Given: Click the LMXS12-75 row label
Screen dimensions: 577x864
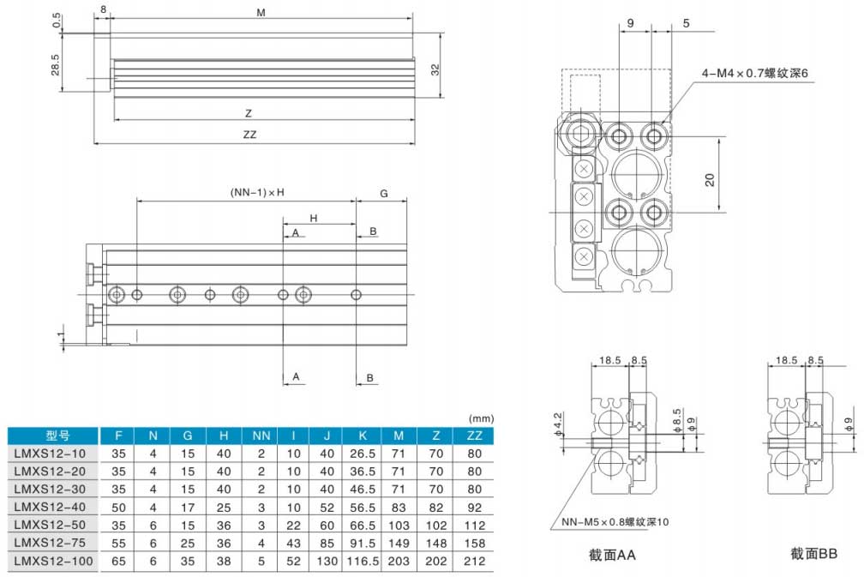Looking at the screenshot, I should click(50, 543).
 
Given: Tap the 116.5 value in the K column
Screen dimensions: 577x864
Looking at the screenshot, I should click(363, 561).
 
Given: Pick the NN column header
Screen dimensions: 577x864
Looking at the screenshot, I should click(261, 435).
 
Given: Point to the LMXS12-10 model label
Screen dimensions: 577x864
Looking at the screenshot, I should click(50, 453).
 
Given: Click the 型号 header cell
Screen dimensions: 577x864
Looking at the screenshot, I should click(50, 435).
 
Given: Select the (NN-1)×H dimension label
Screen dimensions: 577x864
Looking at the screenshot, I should click(256, 193).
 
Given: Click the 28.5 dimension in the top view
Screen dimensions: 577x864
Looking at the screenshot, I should click(56, 64).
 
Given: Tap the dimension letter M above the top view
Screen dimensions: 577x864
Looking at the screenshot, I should click(261, 13).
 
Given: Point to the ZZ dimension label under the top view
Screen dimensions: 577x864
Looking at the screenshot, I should click(250, 135).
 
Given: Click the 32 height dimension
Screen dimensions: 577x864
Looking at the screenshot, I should click(435, 69).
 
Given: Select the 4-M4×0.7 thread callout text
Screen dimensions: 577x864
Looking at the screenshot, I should click(755, 74).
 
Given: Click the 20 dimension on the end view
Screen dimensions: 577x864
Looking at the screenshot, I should click(710, 179).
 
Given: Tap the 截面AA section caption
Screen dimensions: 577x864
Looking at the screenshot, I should click(613, 555).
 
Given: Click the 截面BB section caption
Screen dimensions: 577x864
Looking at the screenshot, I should click(813, 555).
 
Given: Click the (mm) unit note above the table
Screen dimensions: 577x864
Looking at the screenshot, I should click(481, 418).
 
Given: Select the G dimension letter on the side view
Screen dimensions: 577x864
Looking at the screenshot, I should click(384, 194).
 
